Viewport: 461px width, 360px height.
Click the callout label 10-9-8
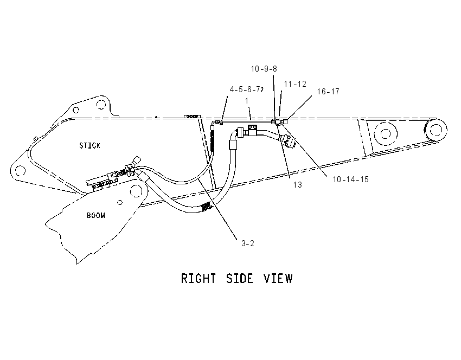(x=264, y=69)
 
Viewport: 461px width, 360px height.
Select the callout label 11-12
(x=295, y=84)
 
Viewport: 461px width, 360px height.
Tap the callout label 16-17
(x=328, y=92)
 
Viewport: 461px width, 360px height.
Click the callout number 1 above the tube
(x=247, y=101)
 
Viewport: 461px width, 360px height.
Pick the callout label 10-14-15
(x=350, y=179)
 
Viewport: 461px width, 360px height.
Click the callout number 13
(x=298, y=184)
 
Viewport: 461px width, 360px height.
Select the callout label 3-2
(x=248, y=243)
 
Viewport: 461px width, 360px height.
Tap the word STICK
(x=89, y=145)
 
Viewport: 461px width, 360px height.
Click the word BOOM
(x=96, y=215)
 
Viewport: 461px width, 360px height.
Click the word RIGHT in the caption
(x=199, y=279)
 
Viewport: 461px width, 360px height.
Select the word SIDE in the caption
(x=239, y=279)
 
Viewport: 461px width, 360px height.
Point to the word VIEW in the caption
(x=278, y=279)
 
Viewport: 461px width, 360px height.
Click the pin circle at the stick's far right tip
(x=436, y=129)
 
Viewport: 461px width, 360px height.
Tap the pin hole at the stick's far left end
(x=20, y=170)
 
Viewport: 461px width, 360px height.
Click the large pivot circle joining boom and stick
(x=136, y=191)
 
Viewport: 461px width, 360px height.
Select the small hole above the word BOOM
(x=120, y=202)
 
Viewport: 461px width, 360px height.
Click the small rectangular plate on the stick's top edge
(x=193, y=117)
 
